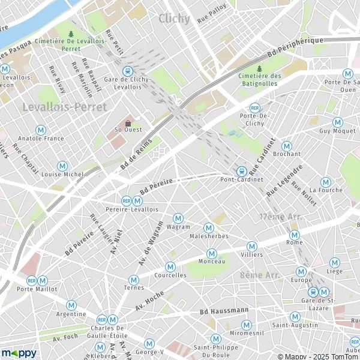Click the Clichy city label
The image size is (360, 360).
click(174, 19)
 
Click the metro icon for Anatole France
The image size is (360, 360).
click(41, 129)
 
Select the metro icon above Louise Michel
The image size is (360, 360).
click(62, 166)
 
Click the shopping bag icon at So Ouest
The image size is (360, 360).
click(127, 122)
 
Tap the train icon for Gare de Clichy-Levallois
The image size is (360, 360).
click(127, 70)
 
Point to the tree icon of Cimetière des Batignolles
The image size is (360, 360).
click(259, 68)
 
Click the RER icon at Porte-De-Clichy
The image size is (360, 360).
click(254, 107)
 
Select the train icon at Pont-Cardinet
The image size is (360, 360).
click(241, 170)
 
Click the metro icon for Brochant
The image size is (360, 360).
click(287, 145)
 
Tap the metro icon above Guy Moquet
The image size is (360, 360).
click(338, 122)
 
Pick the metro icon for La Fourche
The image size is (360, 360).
click(326, 182)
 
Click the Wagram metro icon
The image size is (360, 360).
click(178, 218)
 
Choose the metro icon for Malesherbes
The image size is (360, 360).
click(209, 227)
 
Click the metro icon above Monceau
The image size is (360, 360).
click(211, 254)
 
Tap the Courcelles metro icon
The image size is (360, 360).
click(170, 266)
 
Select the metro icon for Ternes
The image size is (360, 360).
click(134, 280)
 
